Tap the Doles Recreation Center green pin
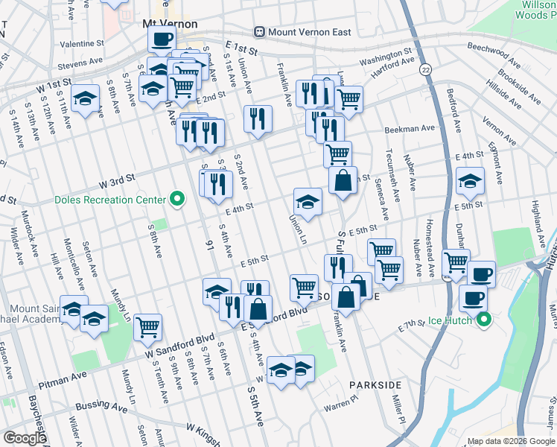pyautogui.click(x=177, y=199)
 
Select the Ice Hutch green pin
pyautogui.click(x=485, y=321)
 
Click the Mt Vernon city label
pyautogui.click(x=170, y=24)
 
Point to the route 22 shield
pyautogui.click(x=425, y=69)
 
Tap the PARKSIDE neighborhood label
pyautogui.click(x=375, y=385)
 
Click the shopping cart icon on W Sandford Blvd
pyautogui.click(x=147, y=326)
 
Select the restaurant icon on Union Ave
pyautogui.click(x=258, y=118)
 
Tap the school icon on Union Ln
pyautogui.click(x=308, y=201)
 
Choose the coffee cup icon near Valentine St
pyautogui.click(x=162, y=39)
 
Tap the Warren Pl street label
pyautogui.click(x=341, y=407)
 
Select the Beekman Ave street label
pyautogui.click(x=409, y=129)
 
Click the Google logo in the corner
pyautogui.click(x=24, y=438)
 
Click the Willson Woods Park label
pyautogui.click(x=535, y=9)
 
